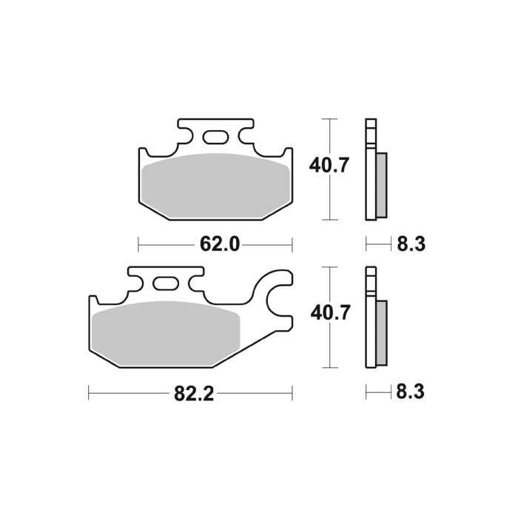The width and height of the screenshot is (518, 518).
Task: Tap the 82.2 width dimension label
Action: click(194, 394)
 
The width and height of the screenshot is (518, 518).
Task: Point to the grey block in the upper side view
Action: click(381, 184)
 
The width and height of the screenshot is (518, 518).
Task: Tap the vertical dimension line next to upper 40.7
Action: click(328, 169)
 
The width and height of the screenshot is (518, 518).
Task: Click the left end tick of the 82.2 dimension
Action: click(89, 393)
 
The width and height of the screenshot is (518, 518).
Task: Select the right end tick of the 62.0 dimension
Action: click(293, 243)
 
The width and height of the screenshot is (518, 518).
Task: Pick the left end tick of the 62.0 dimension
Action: click(139, 243)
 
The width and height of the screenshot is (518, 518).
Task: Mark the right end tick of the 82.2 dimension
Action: click(293, 393)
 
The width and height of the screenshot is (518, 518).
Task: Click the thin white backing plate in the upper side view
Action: click(370, 169)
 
